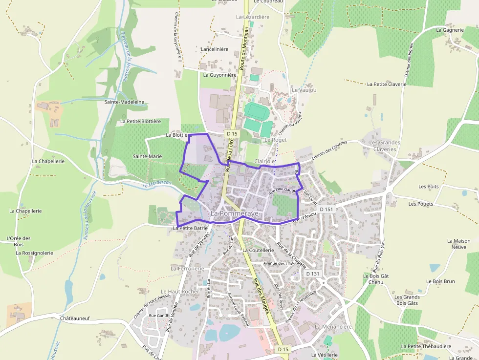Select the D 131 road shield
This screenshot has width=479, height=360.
[x=312, y=274]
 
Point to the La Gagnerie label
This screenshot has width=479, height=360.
[x=450, y=30]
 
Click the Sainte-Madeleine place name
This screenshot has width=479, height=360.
[x=125, y=102]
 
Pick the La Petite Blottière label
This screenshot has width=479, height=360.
[x=140, y=121]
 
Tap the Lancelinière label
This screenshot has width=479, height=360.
[x=215, y=49]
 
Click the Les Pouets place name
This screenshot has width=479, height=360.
[x=421, y=204]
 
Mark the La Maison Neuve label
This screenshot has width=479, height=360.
[x=459, y=244]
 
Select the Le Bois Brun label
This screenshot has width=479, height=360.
[x=440, y=281]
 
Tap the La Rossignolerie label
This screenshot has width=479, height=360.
[x=34, y=253]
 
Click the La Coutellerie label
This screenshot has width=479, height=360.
[x=259, y=250]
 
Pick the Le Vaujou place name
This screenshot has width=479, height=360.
[x=304, y=90]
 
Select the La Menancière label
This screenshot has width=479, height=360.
[x=333, y=326]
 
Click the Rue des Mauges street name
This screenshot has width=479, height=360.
[x=261, y=296]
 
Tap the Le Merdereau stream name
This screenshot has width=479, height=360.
[x=157, y=183]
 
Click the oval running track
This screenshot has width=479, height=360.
[x=257, y=110]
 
